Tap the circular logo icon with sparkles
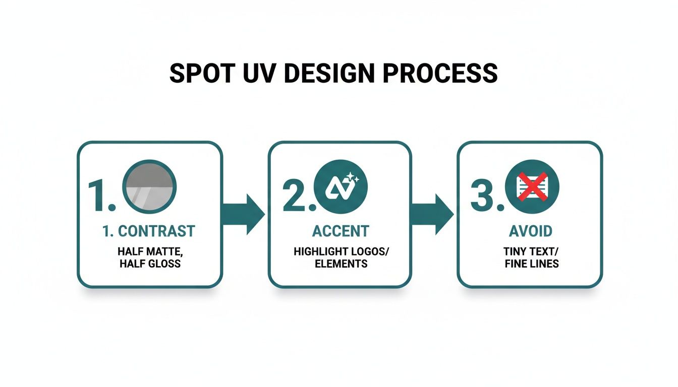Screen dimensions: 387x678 [341, 186]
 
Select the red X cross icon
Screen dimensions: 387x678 [532, 185]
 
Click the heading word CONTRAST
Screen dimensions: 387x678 [156, 231]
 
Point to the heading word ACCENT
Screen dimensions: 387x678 [341, 231]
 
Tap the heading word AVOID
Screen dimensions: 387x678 [530, 231]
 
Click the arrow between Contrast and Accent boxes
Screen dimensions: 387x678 [244, 214]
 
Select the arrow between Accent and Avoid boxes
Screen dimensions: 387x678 [433, 214]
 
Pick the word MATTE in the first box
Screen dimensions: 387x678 [164, 251]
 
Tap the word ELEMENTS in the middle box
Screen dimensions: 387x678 [341, 264]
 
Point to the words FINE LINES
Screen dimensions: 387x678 [531, 264]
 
